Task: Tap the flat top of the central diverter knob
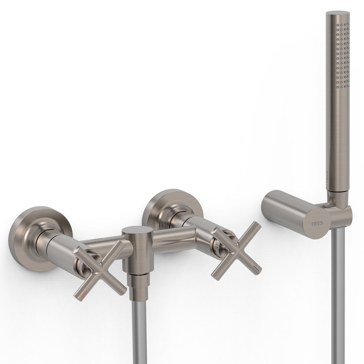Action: point(134,231)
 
